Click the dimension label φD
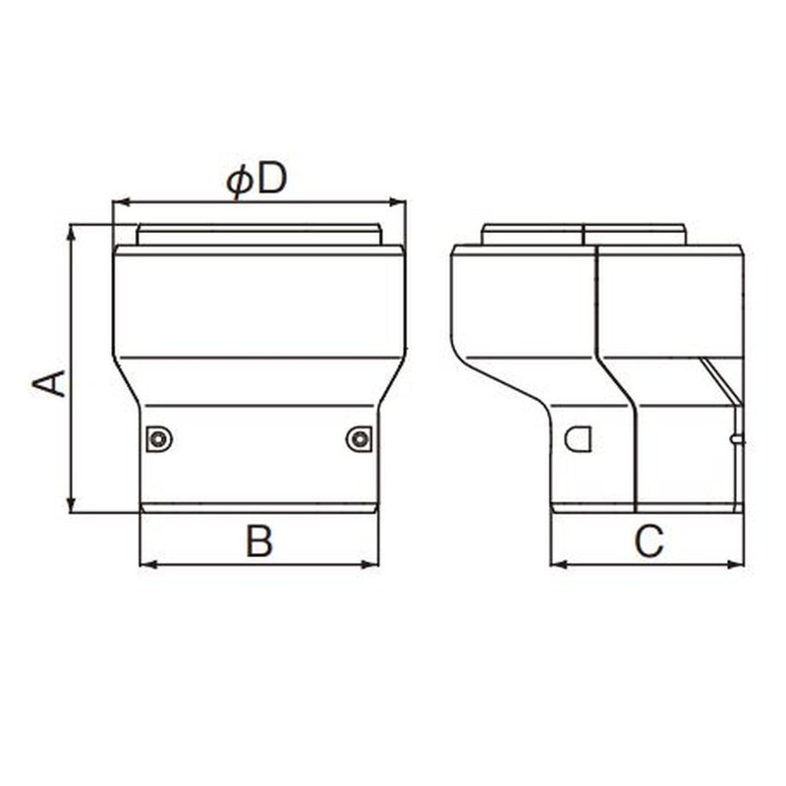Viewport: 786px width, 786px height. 256,180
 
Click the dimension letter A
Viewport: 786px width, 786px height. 50,383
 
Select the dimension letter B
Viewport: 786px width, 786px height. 258,540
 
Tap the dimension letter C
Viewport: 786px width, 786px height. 647,540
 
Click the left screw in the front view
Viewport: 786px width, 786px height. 159,439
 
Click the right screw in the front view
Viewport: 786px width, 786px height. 360,439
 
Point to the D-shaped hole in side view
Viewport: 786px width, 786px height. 579,438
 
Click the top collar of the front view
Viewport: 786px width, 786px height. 258,235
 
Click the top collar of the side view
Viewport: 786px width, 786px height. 584,235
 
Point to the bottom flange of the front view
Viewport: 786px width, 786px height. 258,508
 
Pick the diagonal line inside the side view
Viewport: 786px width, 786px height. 720,380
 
